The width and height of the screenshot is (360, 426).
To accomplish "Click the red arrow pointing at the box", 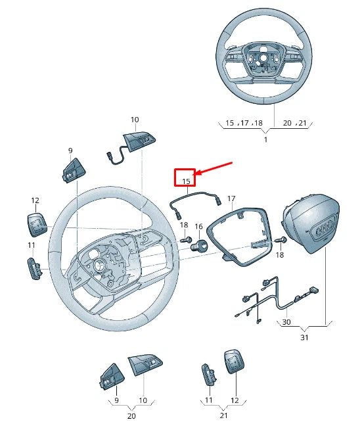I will coord(214,169).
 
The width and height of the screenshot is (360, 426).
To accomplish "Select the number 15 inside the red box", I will coord(186,180).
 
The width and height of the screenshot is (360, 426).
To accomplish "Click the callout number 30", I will coord(286,322).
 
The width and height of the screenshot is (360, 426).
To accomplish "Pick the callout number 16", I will coord(198,226).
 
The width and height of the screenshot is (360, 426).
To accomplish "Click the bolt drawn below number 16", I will coord(198,246).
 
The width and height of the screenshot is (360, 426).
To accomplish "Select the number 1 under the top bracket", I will coord(265,140).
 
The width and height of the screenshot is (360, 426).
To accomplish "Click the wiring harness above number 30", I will coord(276,299).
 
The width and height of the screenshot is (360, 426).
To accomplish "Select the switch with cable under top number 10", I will coord(131,144).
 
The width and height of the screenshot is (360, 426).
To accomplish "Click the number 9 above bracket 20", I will coord(116,400).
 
